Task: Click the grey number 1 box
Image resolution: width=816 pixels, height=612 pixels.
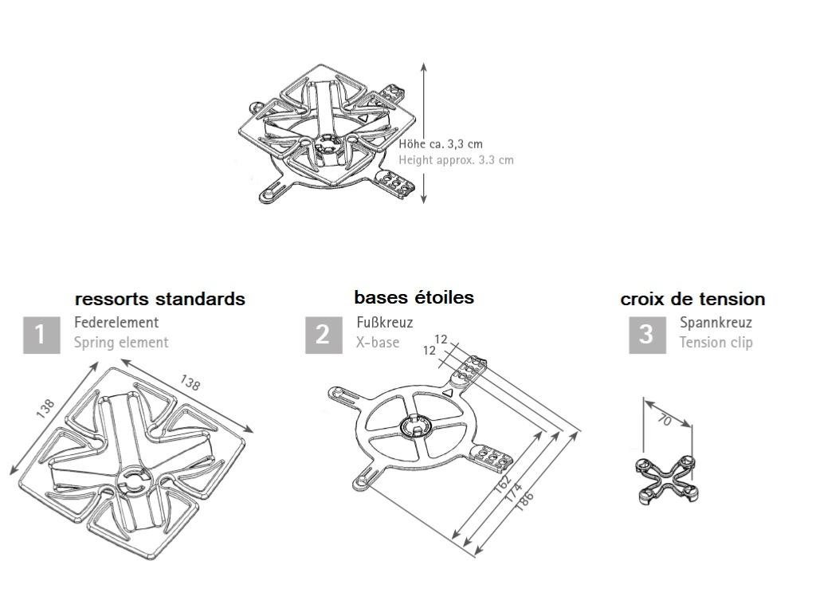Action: [41, 335]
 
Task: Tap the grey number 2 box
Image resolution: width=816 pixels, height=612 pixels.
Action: [324, 335]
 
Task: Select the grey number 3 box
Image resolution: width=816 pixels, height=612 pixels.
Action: [647, 335]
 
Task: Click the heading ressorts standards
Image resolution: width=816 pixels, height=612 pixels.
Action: [159, 300]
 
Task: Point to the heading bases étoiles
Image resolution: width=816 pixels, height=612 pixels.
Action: [414, 298]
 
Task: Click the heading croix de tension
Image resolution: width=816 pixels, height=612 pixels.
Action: [692, 300]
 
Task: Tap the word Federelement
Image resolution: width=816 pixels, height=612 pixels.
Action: [116, 322]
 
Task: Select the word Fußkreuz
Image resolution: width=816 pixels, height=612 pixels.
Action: [385, 322]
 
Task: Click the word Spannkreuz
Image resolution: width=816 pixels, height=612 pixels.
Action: [716, 322]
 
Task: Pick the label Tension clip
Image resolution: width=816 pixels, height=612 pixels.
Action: [716, 343]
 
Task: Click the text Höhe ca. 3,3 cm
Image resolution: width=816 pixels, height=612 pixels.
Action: [441, 144]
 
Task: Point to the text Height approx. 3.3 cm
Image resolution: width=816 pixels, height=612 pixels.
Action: [457, 159]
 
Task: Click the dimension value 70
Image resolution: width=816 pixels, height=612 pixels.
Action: [665, 419]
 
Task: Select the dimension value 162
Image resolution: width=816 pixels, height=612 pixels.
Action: [503, 484]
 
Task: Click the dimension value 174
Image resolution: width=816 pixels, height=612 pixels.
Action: [514, 492]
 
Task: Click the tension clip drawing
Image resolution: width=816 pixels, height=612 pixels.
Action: [666, 480]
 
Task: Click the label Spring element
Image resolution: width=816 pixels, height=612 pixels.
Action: [121, 343]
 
